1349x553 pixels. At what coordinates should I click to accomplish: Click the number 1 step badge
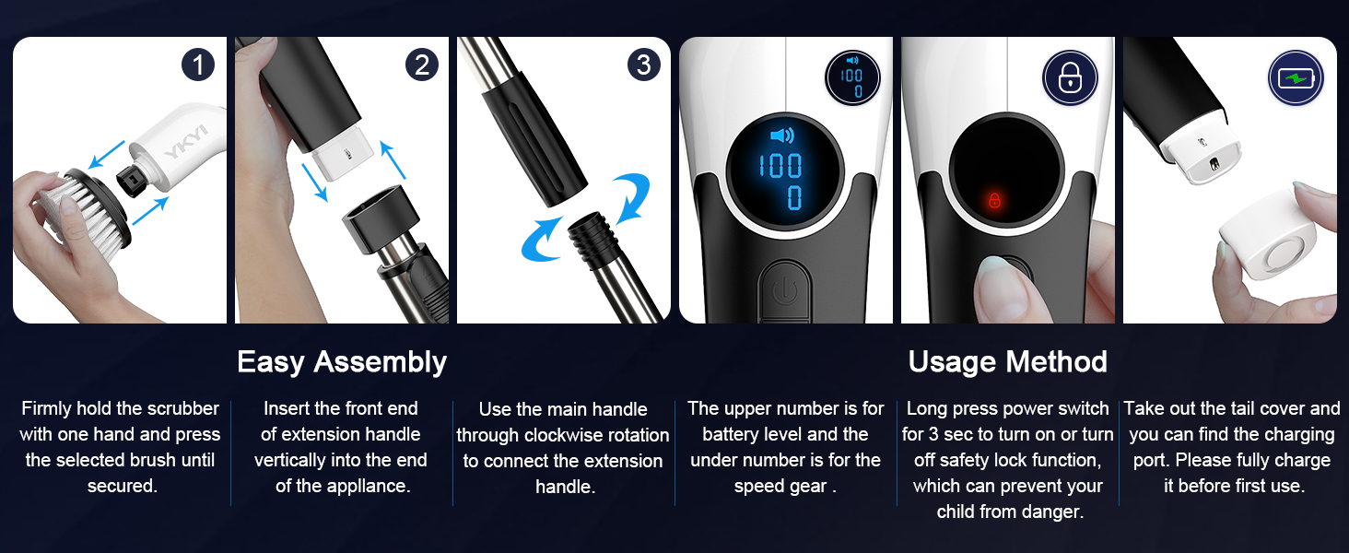point(198,65)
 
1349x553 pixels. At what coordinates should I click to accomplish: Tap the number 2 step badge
point(422,65)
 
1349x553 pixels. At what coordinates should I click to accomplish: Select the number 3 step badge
point(644,65)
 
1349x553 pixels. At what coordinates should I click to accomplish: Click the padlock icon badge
point(1070,77)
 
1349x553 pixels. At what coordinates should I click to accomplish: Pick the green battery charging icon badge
point(1296,77)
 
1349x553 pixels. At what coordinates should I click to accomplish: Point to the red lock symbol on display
point(994,200)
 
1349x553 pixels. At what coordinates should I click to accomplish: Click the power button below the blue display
point(785,292)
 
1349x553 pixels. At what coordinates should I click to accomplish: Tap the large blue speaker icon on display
point(782,135)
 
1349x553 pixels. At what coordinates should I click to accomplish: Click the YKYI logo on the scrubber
point(187,142)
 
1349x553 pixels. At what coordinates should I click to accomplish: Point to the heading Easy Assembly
point(342,362)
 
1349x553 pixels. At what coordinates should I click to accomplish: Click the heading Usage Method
point(1007,361)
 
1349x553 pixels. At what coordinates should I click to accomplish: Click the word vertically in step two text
point(290,460)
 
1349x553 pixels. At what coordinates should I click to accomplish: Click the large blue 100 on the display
point(780,166)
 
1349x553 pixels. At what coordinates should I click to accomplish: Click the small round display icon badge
point(852,77)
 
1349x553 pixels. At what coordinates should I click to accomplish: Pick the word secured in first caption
point(123,486)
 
